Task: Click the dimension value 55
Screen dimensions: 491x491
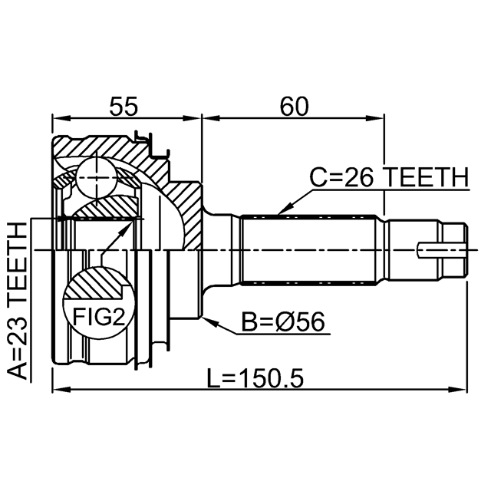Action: pos(124,106)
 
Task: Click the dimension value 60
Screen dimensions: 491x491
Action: pos(294,106)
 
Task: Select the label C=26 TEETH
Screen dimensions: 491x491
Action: pos(389,177)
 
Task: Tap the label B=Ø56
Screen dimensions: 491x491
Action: pos(283,321)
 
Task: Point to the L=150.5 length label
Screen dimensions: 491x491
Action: pos(255,378)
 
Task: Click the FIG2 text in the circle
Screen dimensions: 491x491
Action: pos(99,317)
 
